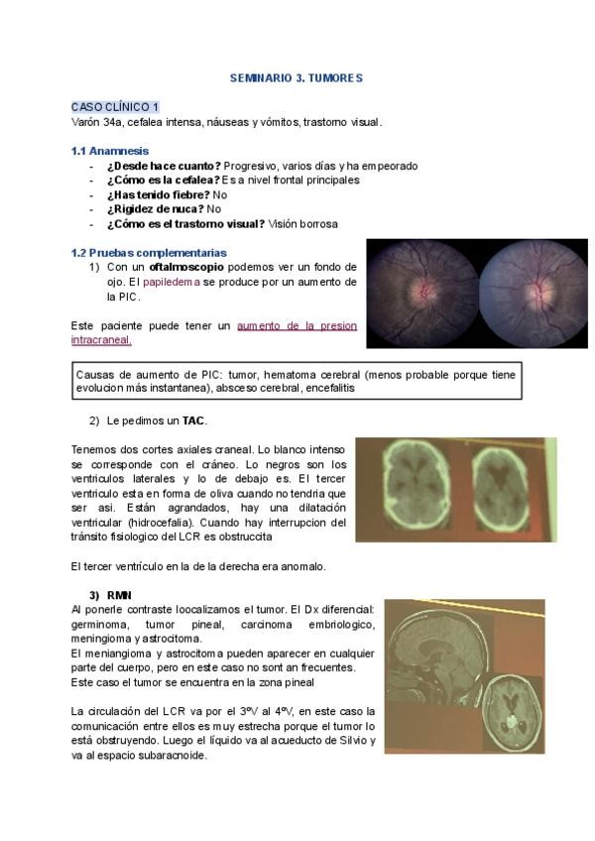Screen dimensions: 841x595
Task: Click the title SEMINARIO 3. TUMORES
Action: tap(297, 77)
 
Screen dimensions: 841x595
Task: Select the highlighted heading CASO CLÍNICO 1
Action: tap(115, 107)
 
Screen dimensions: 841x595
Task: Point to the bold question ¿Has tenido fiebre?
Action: tap(159, 195)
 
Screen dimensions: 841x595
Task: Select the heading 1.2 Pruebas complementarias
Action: tap(149, 253)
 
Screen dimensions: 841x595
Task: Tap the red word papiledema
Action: tap(175, 282)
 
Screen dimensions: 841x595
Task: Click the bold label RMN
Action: tap(119, 594)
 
